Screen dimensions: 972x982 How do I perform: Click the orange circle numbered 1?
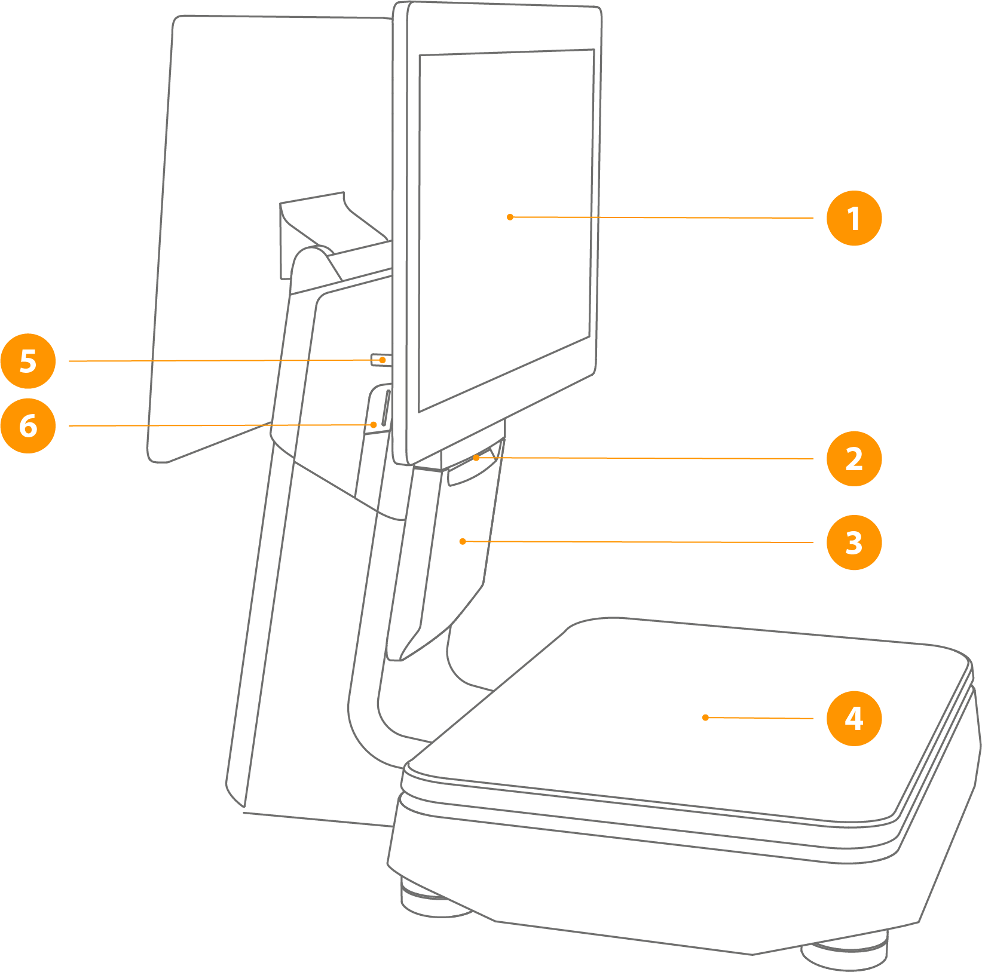(854, 218)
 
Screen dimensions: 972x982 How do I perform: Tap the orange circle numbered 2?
(854, 459)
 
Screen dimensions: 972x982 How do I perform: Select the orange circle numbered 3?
(854, 543)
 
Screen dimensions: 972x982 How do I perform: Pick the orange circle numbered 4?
(854, 718)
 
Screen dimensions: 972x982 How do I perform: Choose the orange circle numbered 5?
(28, 361)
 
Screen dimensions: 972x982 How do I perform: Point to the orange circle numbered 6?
(28, 425)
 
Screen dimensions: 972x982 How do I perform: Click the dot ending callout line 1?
(510, 217)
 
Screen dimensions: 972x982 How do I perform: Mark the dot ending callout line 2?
(476, 458)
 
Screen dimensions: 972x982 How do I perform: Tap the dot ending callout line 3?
(462, 541)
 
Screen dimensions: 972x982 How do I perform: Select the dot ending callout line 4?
(705, 717)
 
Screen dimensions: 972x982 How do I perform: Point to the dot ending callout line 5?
(383, 360)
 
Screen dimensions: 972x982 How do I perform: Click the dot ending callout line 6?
(374, 425)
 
